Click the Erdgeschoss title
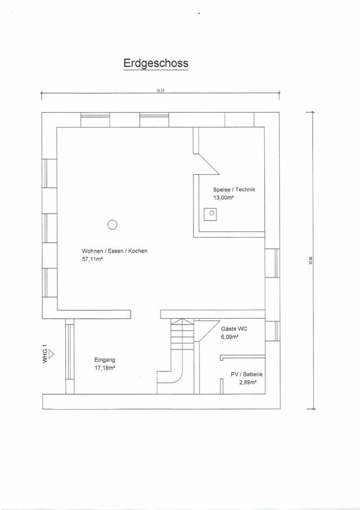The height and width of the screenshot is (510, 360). [156, 64]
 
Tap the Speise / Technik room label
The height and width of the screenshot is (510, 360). [235, 190]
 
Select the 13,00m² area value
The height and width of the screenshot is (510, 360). [224, 198]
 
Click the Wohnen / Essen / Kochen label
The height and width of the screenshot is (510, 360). [114, 251]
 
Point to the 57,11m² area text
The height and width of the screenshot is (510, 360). [92, 260]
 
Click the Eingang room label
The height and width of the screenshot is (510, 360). [105, 360]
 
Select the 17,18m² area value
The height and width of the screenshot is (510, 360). [105, 368]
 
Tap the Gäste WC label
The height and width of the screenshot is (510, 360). [234, 329]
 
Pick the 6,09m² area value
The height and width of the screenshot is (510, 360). [229, 337]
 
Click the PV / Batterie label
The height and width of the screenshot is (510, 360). [247, 374]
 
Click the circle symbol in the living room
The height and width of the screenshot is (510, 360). [112, 225]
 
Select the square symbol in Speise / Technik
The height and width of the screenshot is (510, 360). [211, 214]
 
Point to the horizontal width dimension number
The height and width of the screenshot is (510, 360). [160, 91]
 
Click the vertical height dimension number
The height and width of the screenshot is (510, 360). [310, 261]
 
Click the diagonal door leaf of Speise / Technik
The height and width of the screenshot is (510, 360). [209, 164]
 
